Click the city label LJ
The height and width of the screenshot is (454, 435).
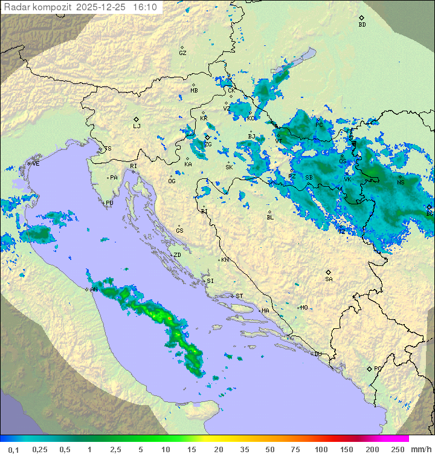click(x=137, y=126)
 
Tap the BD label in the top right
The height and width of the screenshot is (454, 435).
click(x=362, y=25)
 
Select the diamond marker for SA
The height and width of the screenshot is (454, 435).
click(x=329, y=272)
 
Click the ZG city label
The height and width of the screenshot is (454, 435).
click(x=208, y=144)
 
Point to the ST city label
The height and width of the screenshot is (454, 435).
click(x=239, y=296)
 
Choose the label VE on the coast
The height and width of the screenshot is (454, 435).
click(x=36, y=164)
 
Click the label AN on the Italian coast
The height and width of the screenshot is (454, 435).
click(x=94, y=290)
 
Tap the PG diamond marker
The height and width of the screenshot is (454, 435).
click(x=369, y=368)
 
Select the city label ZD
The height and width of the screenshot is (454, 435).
click(x=177, y=255)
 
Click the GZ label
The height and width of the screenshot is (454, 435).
click(x=182, y=53)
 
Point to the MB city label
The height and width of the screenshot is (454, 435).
click(x=194, y=91)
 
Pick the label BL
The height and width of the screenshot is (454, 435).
click(x=270, y=217)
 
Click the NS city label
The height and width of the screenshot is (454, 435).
click(x=401, y=182)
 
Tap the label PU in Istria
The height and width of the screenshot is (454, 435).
click(x=109, y=203)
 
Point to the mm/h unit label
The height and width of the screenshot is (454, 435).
click(x=420, y=449)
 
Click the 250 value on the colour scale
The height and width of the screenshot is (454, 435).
click(x=398, y=449)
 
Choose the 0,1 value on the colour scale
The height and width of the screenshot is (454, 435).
click(x=14, y=449)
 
